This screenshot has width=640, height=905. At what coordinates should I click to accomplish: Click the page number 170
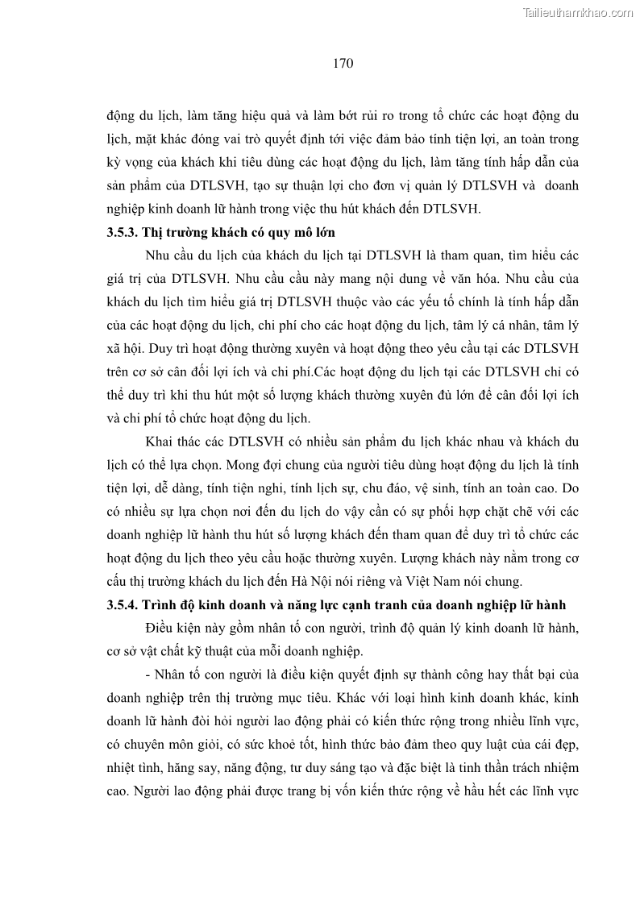343,62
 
